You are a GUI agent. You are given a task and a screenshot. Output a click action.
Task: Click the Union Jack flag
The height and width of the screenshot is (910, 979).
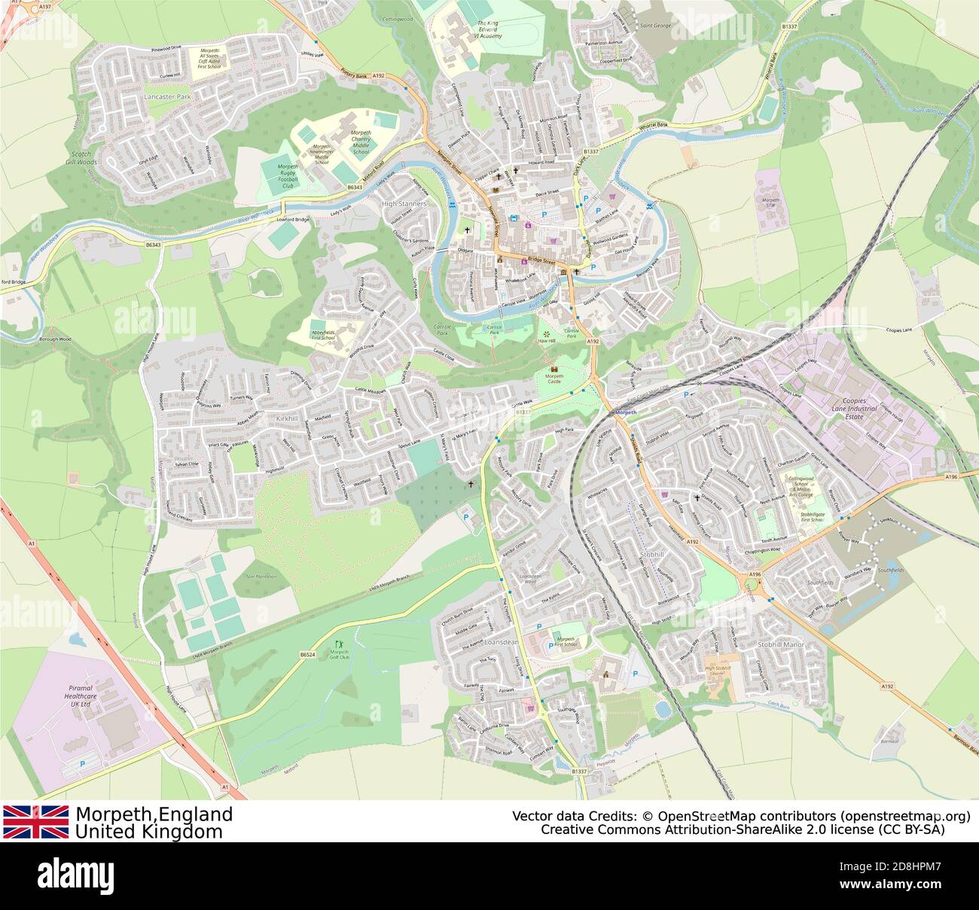[x=35, y=822]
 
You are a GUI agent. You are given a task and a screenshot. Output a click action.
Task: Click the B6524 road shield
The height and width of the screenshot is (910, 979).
[x=307, y=655]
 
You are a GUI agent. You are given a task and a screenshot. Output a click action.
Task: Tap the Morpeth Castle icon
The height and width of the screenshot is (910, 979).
[x=555, y=370]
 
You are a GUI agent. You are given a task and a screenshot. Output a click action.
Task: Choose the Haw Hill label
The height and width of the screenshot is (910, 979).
[x=546, y=341]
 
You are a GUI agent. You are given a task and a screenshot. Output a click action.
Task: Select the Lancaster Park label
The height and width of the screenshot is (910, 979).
[x=167, y=98]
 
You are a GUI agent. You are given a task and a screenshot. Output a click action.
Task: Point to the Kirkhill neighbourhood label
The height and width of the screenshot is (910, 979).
[x=288, y=418]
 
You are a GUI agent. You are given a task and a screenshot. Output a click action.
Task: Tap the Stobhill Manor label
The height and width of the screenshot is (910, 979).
[x=781, y=645]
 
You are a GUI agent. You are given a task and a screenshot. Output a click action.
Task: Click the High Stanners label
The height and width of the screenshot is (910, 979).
[x=404, y=204]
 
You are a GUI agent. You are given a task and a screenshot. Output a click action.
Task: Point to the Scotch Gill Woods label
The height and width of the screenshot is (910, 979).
[x=81, y=157]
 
